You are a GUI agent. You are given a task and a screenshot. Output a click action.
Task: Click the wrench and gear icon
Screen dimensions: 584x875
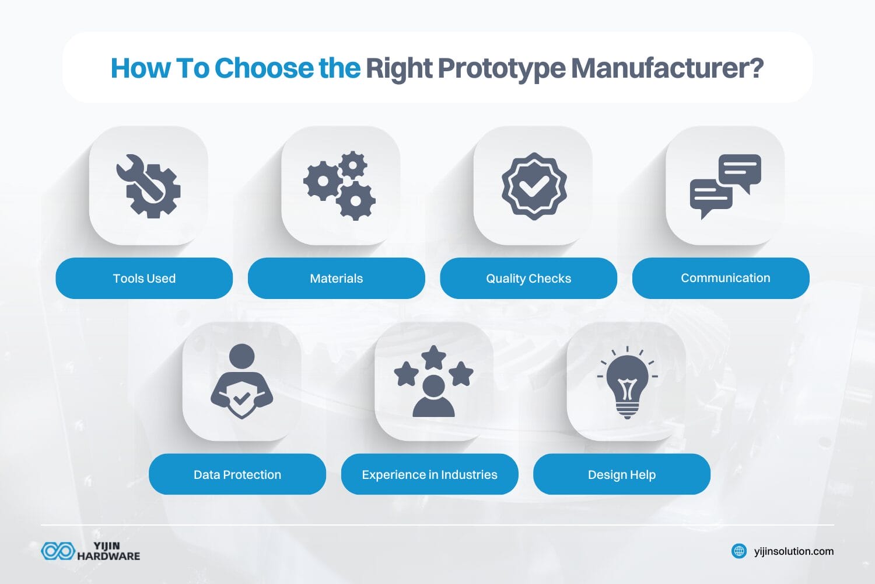(x=148, y=186)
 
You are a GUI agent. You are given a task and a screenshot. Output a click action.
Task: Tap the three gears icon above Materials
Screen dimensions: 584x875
(x=339, y=186)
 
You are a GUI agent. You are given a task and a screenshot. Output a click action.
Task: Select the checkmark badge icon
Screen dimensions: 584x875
(x=533, y=186)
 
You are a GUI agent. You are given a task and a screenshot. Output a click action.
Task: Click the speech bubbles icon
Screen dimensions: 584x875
(x=725, y=186)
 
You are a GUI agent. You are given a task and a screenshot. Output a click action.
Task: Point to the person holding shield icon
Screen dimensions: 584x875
(x=242, y=381)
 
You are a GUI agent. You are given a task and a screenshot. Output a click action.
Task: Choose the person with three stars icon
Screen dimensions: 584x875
(x=433, y=381)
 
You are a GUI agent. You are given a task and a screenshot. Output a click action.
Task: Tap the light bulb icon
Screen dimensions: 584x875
(x=627, y=382)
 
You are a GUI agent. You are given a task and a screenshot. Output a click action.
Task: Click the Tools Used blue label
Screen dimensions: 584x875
(x=144, y=279)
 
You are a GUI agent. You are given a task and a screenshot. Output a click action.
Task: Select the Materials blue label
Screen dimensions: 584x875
(x=337, y=279)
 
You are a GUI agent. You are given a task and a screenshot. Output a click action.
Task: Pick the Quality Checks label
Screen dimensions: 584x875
(x=528, y=279)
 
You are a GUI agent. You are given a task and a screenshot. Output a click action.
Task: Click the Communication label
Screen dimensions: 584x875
(x=725, y=278)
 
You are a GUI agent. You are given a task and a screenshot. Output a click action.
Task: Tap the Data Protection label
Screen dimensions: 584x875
(x=237, y=475)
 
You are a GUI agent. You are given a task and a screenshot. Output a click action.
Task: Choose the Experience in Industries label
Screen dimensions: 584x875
(x=429, y=475)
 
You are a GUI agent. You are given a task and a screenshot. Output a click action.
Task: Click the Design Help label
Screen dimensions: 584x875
(x=622, y=475)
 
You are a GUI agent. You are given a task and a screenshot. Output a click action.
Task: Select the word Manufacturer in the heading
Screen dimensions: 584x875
(x=667, y=68)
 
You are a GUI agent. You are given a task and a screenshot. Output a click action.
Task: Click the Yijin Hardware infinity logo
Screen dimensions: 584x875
(x=58, y=551)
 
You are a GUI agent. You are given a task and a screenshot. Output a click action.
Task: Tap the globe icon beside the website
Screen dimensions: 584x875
(x=739, y=551)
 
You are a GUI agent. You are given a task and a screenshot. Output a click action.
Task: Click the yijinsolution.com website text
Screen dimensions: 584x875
(x=793, y=551)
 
